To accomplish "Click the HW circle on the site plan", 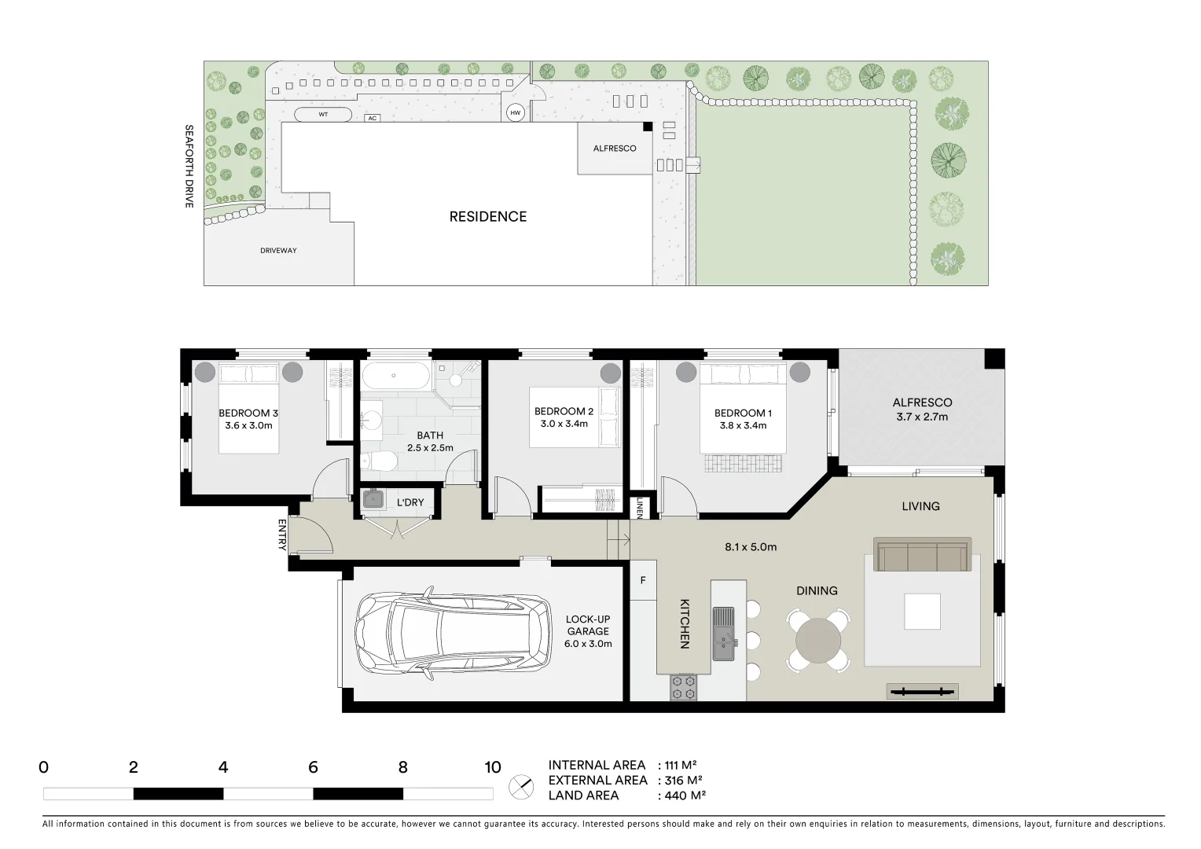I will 516,113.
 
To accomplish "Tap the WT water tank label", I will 323,115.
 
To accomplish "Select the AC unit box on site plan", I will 373,118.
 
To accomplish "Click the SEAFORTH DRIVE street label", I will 189,166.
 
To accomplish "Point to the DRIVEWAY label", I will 278,251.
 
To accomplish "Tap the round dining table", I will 817,641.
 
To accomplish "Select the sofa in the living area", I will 923,555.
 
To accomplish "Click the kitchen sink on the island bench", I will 723,634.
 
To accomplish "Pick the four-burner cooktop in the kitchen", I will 683,688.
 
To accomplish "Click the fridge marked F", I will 643,581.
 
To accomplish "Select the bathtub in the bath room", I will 396,376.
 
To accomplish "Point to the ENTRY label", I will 281,535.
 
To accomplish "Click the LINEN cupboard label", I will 640,507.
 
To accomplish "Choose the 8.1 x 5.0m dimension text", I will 750,547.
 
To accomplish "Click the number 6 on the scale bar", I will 313,768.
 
